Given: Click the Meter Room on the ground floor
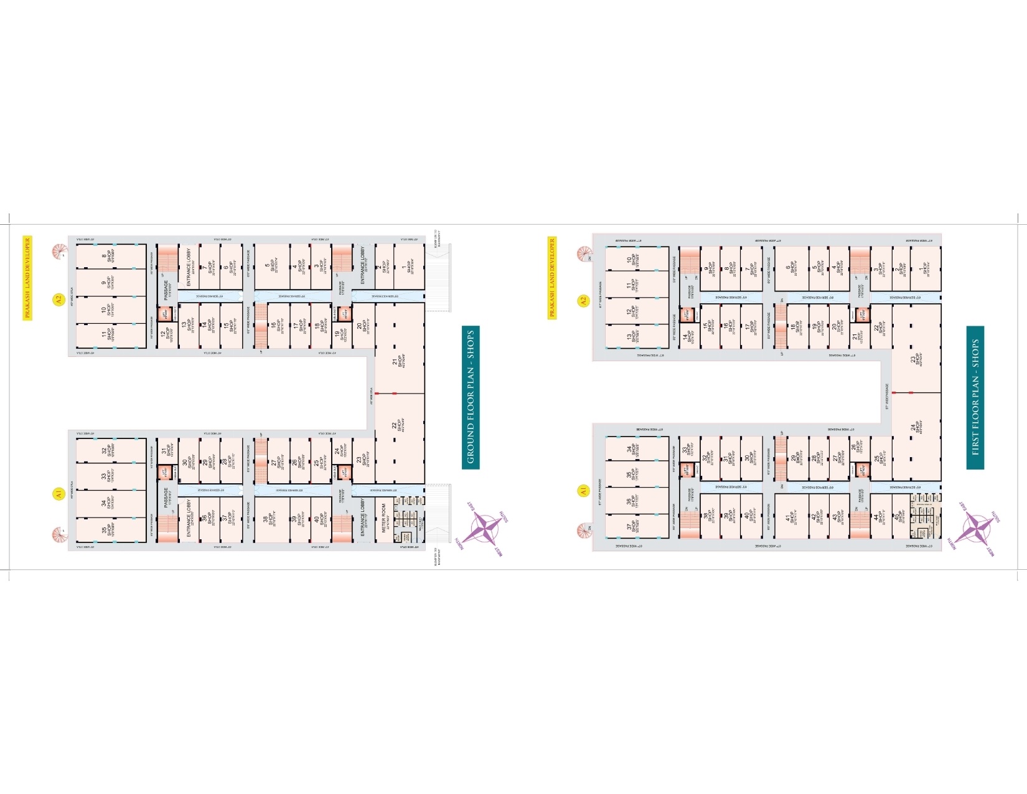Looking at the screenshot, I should [x=385, y=516].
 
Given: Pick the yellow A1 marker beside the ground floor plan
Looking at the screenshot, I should [x=58, y=494].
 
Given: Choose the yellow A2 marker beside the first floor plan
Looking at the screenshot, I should [x=583, y=301].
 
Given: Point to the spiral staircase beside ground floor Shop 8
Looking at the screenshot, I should [x=60, y=252].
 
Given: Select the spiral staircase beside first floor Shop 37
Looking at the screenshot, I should [x=584, y=531].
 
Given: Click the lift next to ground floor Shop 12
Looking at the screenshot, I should [x=164, y=314].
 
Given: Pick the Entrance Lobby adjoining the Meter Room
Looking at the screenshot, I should [x=363, y=516].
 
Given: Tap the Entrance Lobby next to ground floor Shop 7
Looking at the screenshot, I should [x=188, y=267].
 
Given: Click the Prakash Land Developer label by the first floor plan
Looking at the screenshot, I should [x=552, y=278].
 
